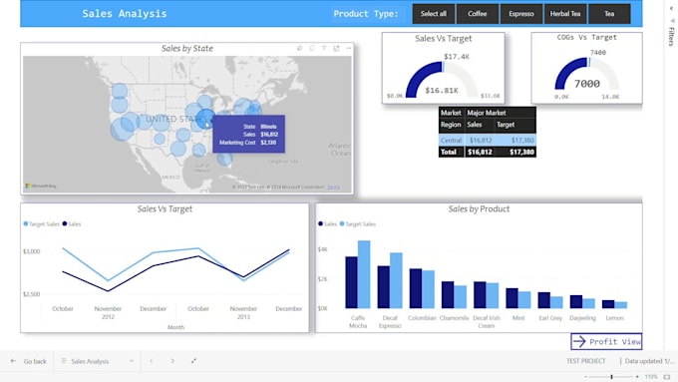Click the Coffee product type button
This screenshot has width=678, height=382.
pos(478,14)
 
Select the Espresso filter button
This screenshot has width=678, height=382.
pos(521,14)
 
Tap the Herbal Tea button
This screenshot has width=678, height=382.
pos(565,14)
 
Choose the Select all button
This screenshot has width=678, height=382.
pos(434,14)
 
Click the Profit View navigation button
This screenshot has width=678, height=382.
pos(606,342)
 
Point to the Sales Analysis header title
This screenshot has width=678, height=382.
pos(125,14)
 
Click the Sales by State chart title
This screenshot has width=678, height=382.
pos(187,48)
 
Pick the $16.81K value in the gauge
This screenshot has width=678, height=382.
pos(442,90)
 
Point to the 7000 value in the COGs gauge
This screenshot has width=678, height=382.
pos(587,84)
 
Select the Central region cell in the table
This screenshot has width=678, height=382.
pos(451,141)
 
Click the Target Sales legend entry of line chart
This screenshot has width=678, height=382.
pos(44,224)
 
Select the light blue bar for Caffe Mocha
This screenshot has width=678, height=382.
pos(364,274)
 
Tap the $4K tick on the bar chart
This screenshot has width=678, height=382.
pos(323,249)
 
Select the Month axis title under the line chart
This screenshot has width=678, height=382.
pos(175,327)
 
